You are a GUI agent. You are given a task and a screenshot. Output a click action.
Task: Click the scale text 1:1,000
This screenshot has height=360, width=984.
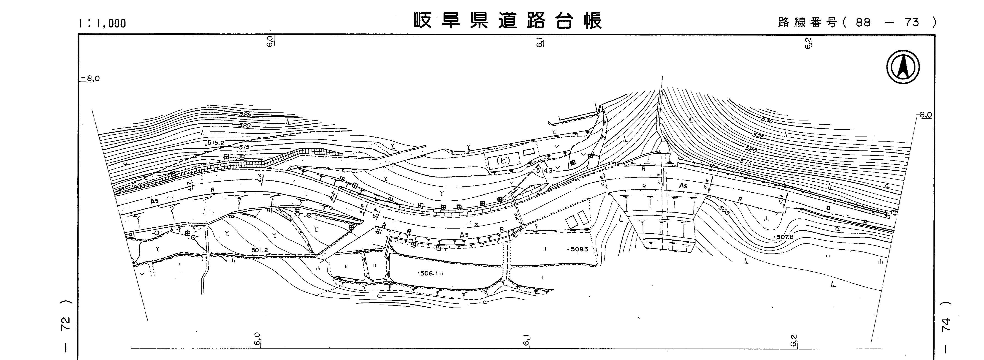(x=102, y=23)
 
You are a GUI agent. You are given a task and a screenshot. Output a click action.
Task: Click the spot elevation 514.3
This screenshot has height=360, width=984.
(x=544, y=170)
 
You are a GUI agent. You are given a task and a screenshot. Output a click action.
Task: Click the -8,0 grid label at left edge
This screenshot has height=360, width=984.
(x=92, y=79)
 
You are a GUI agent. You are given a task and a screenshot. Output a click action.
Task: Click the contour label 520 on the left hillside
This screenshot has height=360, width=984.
(x=244, y=125)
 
